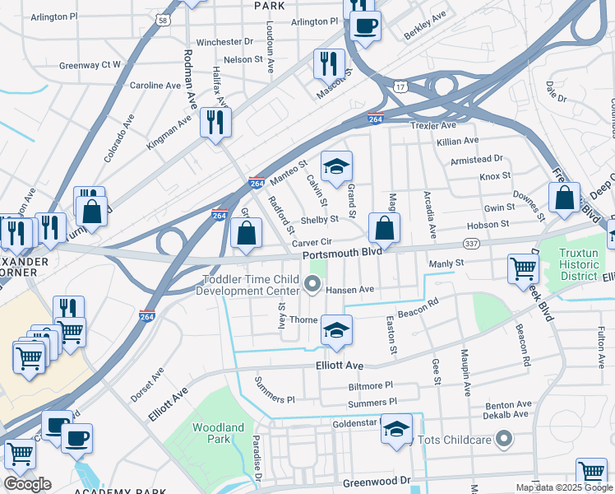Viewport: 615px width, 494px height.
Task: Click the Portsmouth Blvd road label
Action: pos(341,254)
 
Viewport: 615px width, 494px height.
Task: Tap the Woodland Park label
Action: pos(219,433)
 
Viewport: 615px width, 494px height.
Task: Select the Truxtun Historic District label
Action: pos(580,264)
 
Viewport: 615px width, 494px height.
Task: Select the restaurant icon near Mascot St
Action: pos(329,63)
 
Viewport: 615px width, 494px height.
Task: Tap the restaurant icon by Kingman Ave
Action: pos(215,123)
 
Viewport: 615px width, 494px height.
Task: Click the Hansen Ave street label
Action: pos(349,290)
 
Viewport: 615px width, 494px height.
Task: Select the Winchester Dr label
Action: pos(224,41)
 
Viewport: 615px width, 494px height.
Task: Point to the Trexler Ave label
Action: pos(432,126)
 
